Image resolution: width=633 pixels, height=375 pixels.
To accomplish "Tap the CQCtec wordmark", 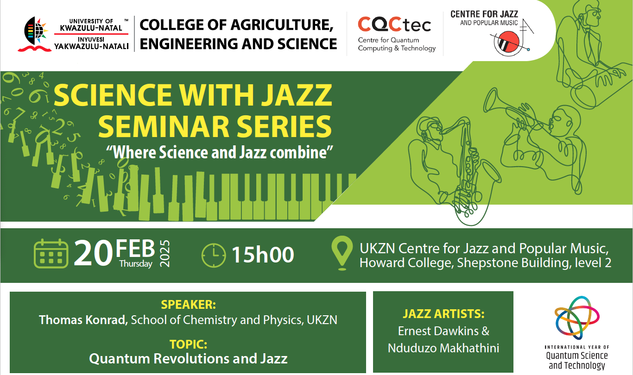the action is (394, 24).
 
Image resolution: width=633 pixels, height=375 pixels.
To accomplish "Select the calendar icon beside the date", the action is (51, 254).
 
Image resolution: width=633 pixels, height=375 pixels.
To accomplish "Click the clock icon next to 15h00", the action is (214, 255).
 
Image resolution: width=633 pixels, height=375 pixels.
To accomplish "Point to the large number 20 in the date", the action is (93, 253).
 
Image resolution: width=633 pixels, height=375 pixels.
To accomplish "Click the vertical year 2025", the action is (165, 254).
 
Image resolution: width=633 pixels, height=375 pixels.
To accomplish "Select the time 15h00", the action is (263, 255).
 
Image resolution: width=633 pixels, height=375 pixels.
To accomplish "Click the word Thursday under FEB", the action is (136, 264).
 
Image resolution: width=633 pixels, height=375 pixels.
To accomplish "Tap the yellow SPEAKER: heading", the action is (188, 305).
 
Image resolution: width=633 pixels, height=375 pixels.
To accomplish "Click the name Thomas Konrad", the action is (83, 320).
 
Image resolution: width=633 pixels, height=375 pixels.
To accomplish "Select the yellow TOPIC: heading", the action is (188, 344).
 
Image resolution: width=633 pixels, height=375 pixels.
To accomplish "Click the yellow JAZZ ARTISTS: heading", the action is (443, 314).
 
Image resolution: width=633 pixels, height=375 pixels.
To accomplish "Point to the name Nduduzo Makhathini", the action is (443, 348).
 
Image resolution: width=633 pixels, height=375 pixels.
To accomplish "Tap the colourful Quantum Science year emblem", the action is (577, 318).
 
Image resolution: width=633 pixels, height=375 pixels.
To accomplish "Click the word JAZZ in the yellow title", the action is (296, 95).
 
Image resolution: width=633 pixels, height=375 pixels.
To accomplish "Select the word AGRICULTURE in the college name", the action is (282, 25).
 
